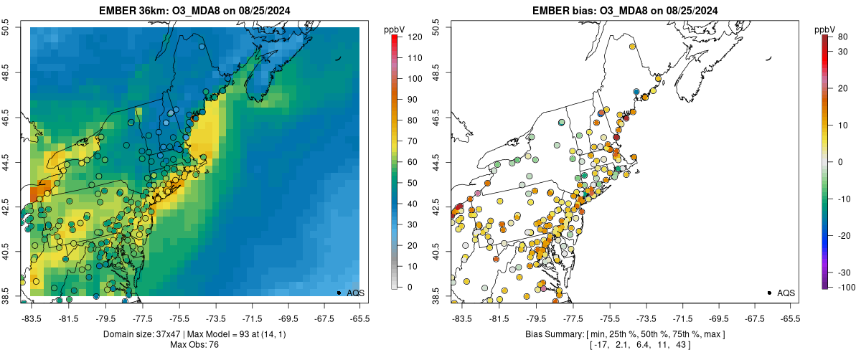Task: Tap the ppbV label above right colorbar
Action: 827,29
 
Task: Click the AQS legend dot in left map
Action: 338,293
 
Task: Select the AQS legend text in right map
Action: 786,293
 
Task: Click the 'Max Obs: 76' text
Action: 193,345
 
